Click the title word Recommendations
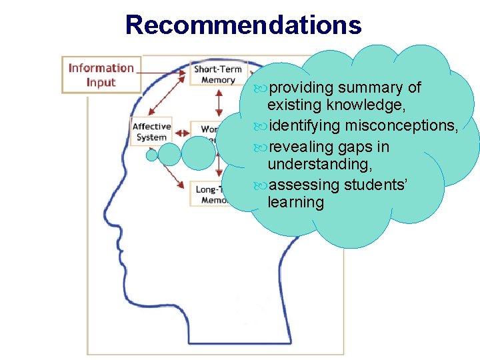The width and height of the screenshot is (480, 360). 243,25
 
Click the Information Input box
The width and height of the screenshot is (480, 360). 101,75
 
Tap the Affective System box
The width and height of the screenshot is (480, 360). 151,132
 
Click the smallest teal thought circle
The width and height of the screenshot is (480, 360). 152,155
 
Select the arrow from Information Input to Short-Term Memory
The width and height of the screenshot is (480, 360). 165,71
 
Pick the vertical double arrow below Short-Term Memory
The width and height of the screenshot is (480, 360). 219,102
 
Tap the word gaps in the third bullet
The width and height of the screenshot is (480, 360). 353,147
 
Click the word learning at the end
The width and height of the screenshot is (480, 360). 295,202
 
